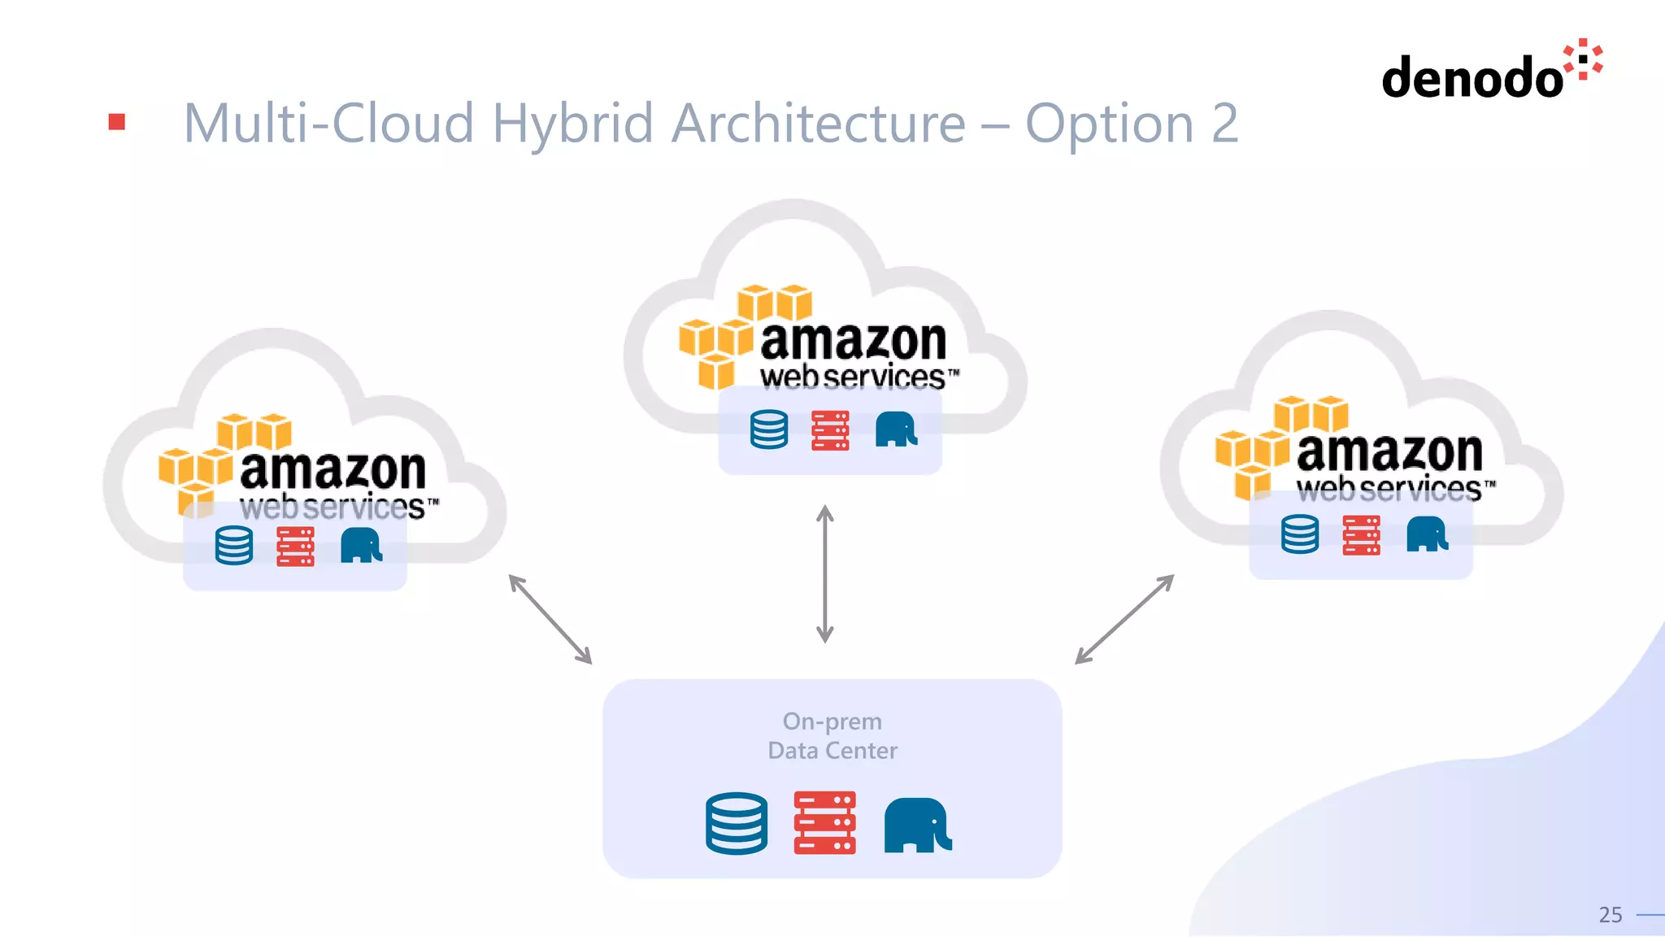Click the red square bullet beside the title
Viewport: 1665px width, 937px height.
(117, 122)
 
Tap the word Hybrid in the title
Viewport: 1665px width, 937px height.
(572, 124)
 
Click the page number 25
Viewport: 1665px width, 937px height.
(1610, 915)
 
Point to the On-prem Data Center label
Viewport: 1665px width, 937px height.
(832, 735)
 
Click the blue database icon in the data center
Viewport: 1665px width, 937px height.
(737, 823)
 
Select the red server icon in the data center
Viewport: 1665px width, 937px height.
(824, 822)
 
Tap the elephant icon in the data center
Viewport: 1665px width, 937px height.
(917, 825)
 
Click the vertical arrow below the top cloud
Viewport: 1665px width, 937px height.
(824, 574)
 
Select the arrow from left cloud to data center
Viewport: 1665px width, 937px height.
(550, 619)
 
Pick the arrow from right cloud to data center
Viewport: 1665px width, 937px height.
(1124, 619)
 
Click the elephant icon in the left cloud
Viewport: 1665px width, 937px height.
(361, 546)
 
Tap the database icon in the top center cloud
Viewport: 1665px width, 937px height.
(769, 429)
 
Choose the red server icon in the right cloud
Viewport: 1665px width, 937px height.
(1361, 535)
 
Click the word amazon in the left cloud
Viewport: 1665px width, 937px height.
(333, 470)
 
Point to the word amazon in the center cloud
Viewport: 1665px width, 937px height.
(853, 341)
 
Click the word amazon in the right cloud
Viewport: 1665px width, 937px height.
(1389, 452)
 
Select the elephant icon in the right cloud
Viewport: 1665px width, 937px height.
(1427, 534)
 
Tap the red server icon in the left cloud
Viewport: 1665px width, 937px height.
(295, 546)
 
